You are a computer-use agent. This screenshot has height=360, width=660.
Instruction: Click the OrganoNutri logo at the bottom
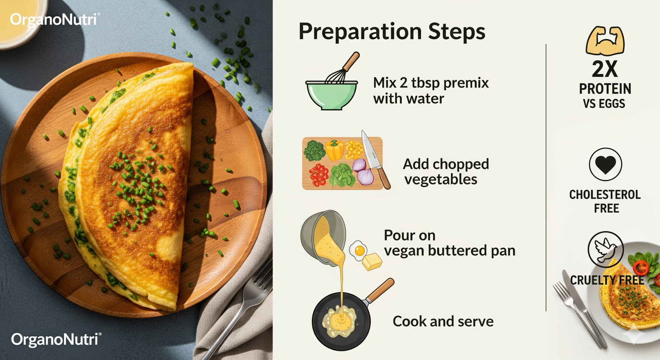tap(56, 339)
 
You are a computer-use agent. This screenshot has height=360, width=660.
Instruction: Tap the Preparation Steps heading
tap(392, 32)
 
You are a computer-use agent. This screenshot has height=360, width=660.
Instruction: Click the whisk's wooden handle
tap(351, 61)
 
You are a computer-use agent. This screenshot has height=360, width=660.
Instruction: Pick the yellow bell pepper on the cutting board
tap(335, 150)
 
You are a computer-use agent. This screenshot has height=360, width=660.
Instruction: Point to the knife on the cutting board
tap(375, 159)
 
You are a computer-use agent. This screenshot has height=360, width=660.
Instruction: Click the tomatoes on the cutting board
tap(318, 175)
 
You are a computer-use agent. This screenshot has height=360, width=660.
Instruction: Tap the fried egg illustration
tap(358, 250)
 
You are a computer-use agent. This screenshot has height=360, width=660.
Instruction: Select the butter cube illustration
tap(372, 262)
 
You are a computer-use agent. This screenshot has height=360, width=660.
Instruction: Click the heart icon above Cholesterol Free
tap(606, 165)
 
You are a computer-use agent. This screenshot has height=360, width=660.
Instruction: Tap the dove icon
tap(606, 249)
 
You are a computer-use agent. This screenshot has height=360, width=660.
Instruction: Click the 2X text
tap(605, 69)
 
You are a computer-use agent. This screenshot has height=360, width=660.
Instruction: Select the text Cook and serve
tap(443, 321)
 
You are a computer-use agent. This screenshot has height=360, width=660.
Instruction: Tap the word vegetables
tap(441, 179)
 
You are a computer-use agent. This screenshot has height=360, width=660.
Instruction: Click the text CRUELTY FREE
tap(607, 280)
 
